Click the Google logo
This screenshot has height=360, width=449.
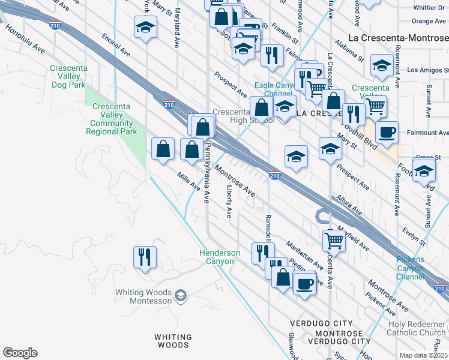pyautogui.click(x=20, y=353)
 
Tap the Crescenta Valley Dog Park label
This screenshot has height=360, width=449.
pyautogui.click(x=68, y=76)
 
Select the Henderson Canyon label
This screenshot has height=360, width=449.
pyautogui.click(x=220, y=257)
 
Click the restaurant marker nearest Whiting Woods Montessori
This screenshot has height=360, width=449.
pyautogui.click(x=145, y=258)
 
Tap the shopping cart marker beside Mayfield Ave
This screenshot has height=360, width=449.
pyautogui.click(x=334, y=241)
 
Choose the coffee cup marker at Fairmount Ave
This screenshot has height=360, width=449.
pyautogui.click(x=387, y=131)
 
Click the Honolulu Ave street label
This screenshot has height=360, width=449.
pyautogui.click(x=25, y=39)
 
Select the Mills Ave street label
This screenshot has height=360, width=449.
pyautogui.click(x=188, y=182)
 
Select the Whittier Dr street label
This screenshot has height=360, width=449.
pyautogui.click(x=429, y=8)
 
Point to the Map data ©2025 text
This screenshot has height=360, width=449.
pyautogui.click(x=424, y=355)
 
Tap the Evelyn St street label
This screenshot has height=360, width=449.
pyautogui.click(x=414, y=235)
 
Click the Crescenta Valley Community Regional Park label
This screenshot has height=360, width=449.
pyautogui.click(x=115, y=119)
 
